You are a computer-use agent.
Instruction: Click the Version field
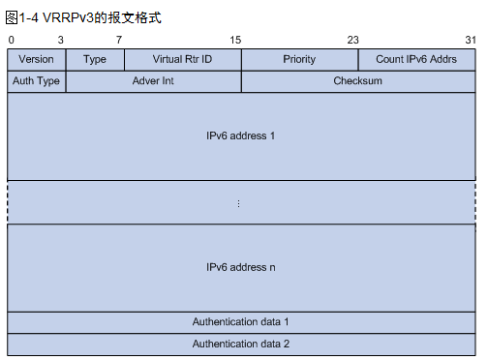[x=36, y=59]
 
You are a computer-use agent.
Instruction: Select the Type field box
[x=95, y=59]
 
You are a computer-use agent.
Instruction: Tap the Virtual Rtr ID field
[x=182, y=59]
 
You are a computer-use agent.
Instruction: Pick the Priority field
[x=299, y=59]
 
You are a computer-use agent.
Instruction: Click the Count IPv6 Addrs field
[x=416, y=59]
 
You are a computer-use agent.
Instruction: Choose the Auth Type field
[x=36, y=81]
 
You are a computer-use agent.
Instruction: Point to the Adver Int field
[x=153, y=81]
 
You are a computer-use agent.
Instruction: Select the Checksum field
[x=358, y=81]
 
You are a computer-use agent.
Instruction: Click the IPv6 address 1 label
[x=241, y=135]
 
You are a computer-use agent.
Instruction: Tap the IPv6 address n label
[x=241, y=266]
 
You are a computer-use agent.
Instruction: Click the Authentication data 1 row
[x=241, y=321]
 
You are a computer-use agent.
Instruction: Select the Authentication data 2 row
[x=241, y=344]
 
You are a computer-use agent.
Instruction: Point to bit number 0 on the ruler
[x=11, y=40]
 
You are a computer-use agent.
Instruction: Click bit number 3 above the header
[x=61, y=40]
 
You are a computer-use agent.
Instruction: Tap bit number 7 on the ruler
[x=119, y=40]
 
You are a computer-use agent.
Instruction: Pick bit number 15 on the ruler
[x=235, y=40]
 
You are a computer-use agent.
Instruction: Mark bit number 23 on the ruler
[x=352, y=40]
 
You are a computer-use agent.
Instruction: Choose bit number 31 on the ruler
[x=470, y=40]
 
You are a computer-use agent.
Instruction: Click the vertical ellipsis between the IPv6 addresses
[x=238, y=203]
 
